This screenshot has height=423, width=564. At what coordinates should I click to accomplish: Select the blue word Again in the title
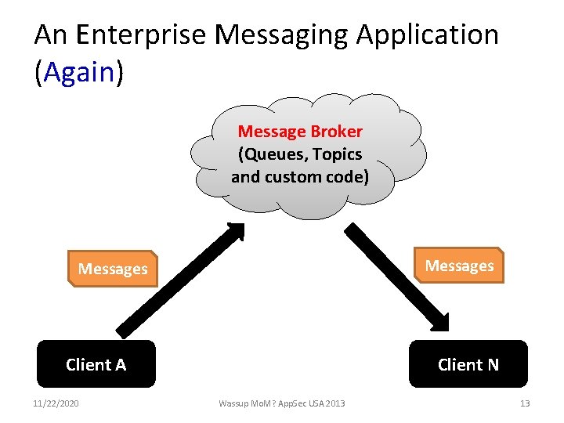(80, 72)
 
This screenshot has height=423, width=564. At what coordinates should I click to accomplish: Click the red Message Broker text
(300, 131)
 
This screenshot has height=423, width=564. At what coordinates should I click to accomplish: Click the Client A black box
(96, 364)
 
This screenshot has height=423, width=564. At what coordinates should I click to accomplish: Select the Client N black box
(468, 364)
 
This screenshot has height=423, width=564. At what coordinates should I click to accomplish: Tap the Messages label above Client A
(113, 269)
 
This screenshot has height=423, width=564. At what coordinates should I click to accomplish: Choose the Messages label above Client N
(459, 266)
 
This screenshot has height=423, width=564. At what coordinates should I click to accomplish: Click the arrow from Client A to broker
(176, 281)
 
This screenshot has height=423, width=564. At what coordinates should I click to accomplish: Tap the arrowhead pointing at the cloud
(234, 231)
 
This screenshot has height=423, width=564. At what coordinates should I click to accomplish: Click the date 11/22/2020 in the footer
(57, 403)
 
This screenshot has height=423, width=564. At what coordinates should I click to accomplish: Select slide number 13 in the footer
(524, 403)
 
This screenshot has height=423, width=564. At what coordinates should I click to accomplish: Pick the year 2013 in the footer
(333, 403)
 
